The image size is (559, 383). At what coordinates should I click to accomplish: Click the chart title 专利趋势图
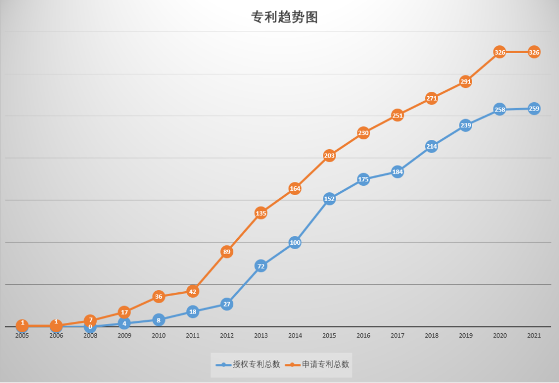[x=284, y=17]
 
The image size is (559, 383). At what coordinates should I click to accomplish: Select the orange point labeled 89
[x=227, y=252]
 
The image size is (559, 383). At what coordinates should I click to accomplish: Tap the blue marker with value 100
[x=295, y=243]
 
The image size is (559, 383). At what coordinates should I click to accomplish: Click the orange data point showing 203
[x=329, y=156]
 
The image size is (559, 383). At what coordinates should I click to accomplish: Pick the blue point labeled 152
[x=329, y=199]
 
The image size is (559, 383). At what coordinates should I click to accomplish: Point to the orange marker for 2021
[x=534, y=52]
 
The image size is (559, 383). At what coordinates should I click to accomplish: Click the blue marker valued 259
[x=534, y=109]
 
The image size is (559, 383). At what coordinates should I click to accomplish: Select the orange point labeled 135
[x=261, y=213]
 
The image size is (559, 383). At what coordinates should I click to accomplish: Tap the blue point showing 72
[x=261, y=267]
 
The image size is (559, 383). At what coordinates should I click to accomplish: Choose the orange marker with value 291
[x=466, y=81]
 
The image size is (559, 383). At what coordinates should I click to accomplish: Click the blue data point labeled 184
[x=397, y=172]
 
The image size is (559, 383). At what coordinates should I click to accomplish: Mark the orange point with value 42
[x=192, y=291]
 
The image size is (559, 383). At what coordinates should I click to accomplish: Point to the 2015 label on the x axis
[x=329, y=335]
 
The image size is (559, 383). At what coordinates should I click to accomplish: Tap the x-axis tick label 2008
[x=90, y=335]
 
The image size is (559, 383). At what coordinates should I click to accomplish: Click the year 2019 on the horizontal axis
[x=466, y=335]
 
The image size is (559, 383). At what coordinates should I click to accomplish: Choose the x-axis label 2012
[x=227, y=335]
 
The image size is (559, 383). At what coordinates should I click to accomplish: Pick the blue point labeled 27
[x=227, y=304]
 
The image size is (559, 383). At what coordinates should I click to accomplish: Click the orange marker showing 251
[x=397, y=115]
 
